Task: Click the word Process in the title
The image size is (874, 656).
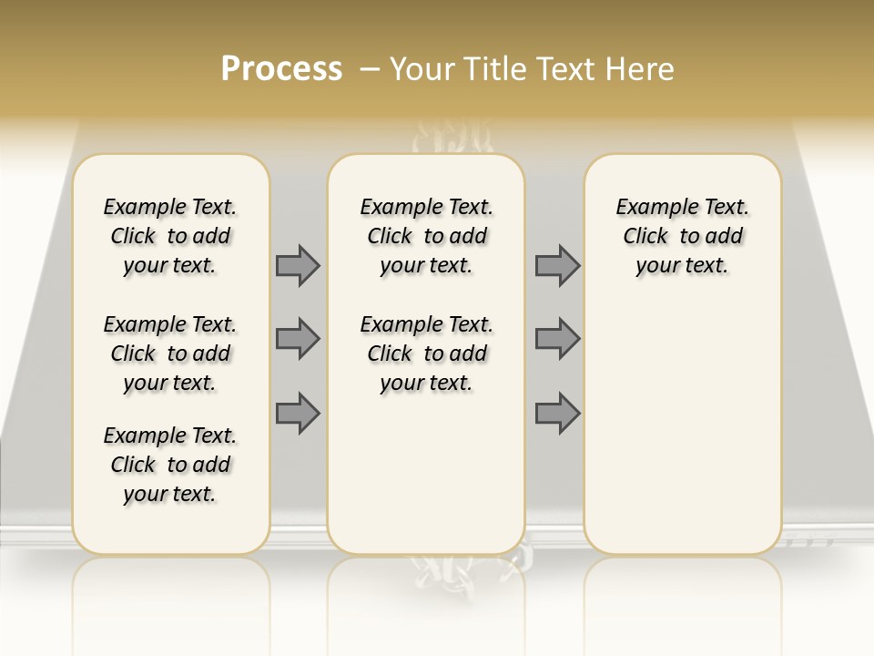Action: [x=281, y=69]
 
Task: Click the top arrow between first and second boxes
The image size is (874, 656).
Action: [x=298, y=265]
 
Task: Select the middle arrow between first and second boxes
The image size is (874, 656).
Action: [x=298, y=339]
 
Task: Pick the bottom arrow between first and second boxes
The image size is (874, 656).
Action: [x=298, y=413]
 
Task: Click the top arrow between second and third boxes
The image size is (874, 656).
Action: [x=557, y=265]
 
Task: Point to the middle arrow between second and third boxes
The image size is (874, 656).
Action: [x=557, y=339]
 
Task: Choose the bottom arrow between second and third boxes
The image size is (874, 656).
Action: [x=557, y=413]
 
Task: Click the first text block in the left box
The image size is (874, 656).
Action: [x=170, y=236]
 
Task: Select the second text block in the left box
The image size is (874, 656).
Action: [x=170, y=354]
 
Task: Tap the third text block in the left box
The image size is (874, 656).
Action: [x=170, y=465]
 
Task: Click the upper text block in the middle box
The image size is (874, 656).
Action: [x=426, y=236]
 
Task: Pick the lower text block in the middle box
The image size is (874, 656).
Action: [x=426, y=354]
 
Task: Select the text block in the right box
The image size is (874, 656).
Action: [x=682, y=236]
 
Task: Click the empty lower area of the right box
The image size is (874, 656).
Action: [x=682, y=419]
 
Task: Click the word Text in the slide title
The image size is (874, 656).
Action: [x=564, y=69]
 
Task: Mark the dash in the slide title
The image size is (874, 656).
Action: [x=370, y=69]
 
